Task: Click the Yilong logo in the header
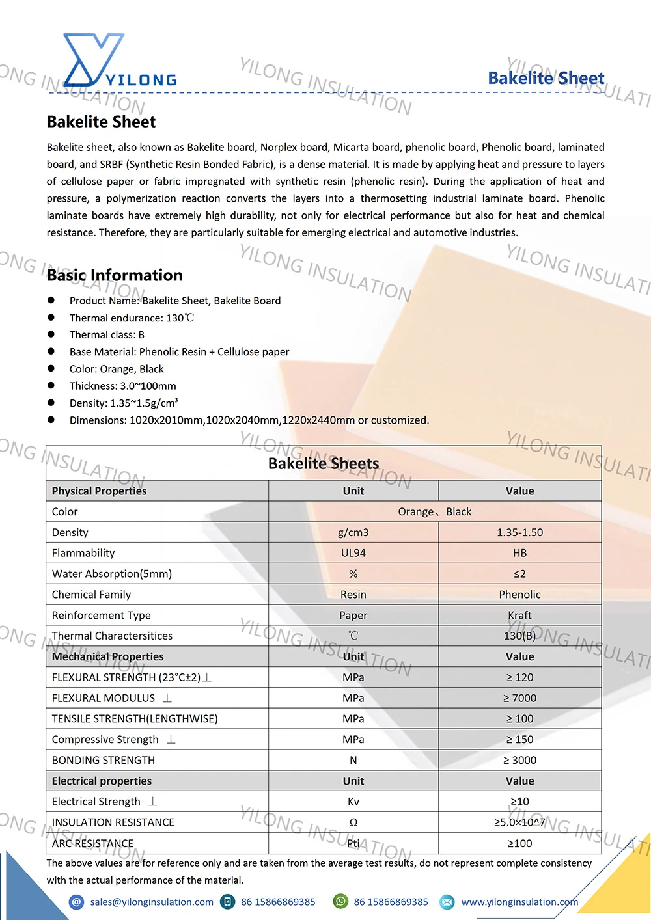(x=117, y=62)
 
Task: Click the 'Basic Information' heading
(x=115, y=275)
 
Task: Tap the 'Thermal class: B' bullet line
(x=107, y=335)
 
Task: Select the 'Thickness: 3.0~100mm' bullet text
(x=122, y=386)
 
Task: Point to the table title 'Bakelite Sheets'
(x=324, y=463)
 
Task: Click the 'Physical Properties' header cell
(x=99, y=491)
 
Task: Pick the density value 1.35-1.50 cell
(x=519, y=532)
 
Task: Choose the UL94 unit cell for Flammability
(x=353, y=553)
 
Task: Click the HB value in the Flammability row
(x=519, y=553)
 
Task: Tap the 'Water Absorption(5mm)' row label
(x=112, y=574)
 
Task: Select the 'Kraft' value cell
(x=519, y=616)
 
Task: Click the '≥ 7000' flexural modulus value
(x=519, y=698)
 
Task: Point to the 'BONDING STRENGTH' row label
(x=104, y=761)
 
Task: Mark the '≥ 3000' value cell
(x=519, y=761)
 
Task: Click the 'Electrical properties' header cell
(x=102, y=781)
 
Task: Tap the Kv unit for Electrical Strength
(x=353, y=802)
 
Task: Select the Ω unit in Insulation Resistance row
(x=353, y=822)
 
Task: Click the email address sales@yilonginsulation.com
(x=152, y=902)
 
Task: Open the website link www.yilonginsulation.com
(x=519, y=902)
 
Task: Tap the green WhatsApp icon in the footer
(x=340, y=901)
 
